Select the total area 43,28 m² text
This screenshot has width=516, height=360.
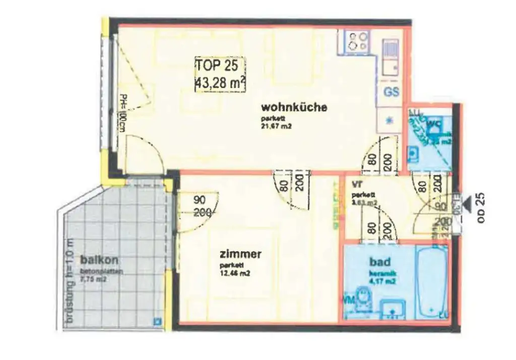pos(221,81)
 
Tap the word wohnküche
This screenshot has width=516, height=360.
pos(294,107)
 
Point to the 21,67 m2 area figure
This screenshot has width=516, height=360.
pos(277,127)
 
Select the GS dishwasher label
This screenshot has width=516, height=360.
pos(392,92)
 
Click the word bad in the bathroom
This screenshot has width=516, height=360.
pos(379,262)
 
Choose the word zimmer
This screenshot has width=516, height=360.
pos(240,254)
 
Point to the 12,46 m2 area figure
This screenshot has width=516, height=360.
pos(235,274)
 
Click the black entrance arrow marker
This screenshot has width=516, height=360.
pos(468,204)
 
